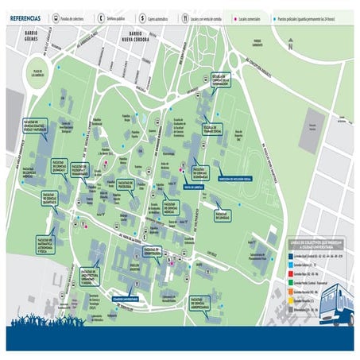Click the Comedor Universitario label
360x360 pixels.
click(x=126, y=300)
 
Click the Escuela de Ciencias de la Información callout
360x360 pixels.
click(x=220, y=79)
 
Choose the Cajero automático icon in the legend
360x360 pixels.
click(x=146, y=16)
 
